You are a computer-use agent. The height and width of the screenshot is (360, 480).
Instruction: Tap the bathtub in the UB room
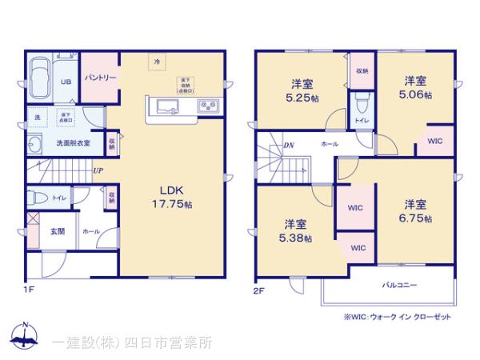[x=38, y=79]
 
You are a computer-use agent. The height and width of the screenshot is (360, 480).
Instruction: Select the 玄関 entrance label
[x=58, y=230]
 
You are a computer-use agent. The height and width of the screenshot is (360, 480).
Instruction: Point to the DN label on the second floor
[x=287, y=146]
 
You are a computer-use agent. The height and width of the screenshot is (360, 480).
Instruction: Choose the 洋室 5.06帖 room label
[x=414, y=87]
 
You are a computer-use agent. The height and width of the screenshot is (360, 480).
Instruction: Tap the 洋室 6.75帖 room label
[x=414, y=210]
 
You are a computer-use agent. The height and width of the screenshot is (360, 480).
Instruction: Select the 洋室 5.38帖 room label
[x=296, y=230]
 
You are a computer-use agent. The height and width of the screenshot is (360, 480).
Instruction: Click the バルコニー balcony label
[x=398, y=285]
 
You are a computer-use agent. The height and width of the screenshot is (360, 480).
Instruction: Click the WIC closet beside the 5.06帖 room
[x=434, y=141]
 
